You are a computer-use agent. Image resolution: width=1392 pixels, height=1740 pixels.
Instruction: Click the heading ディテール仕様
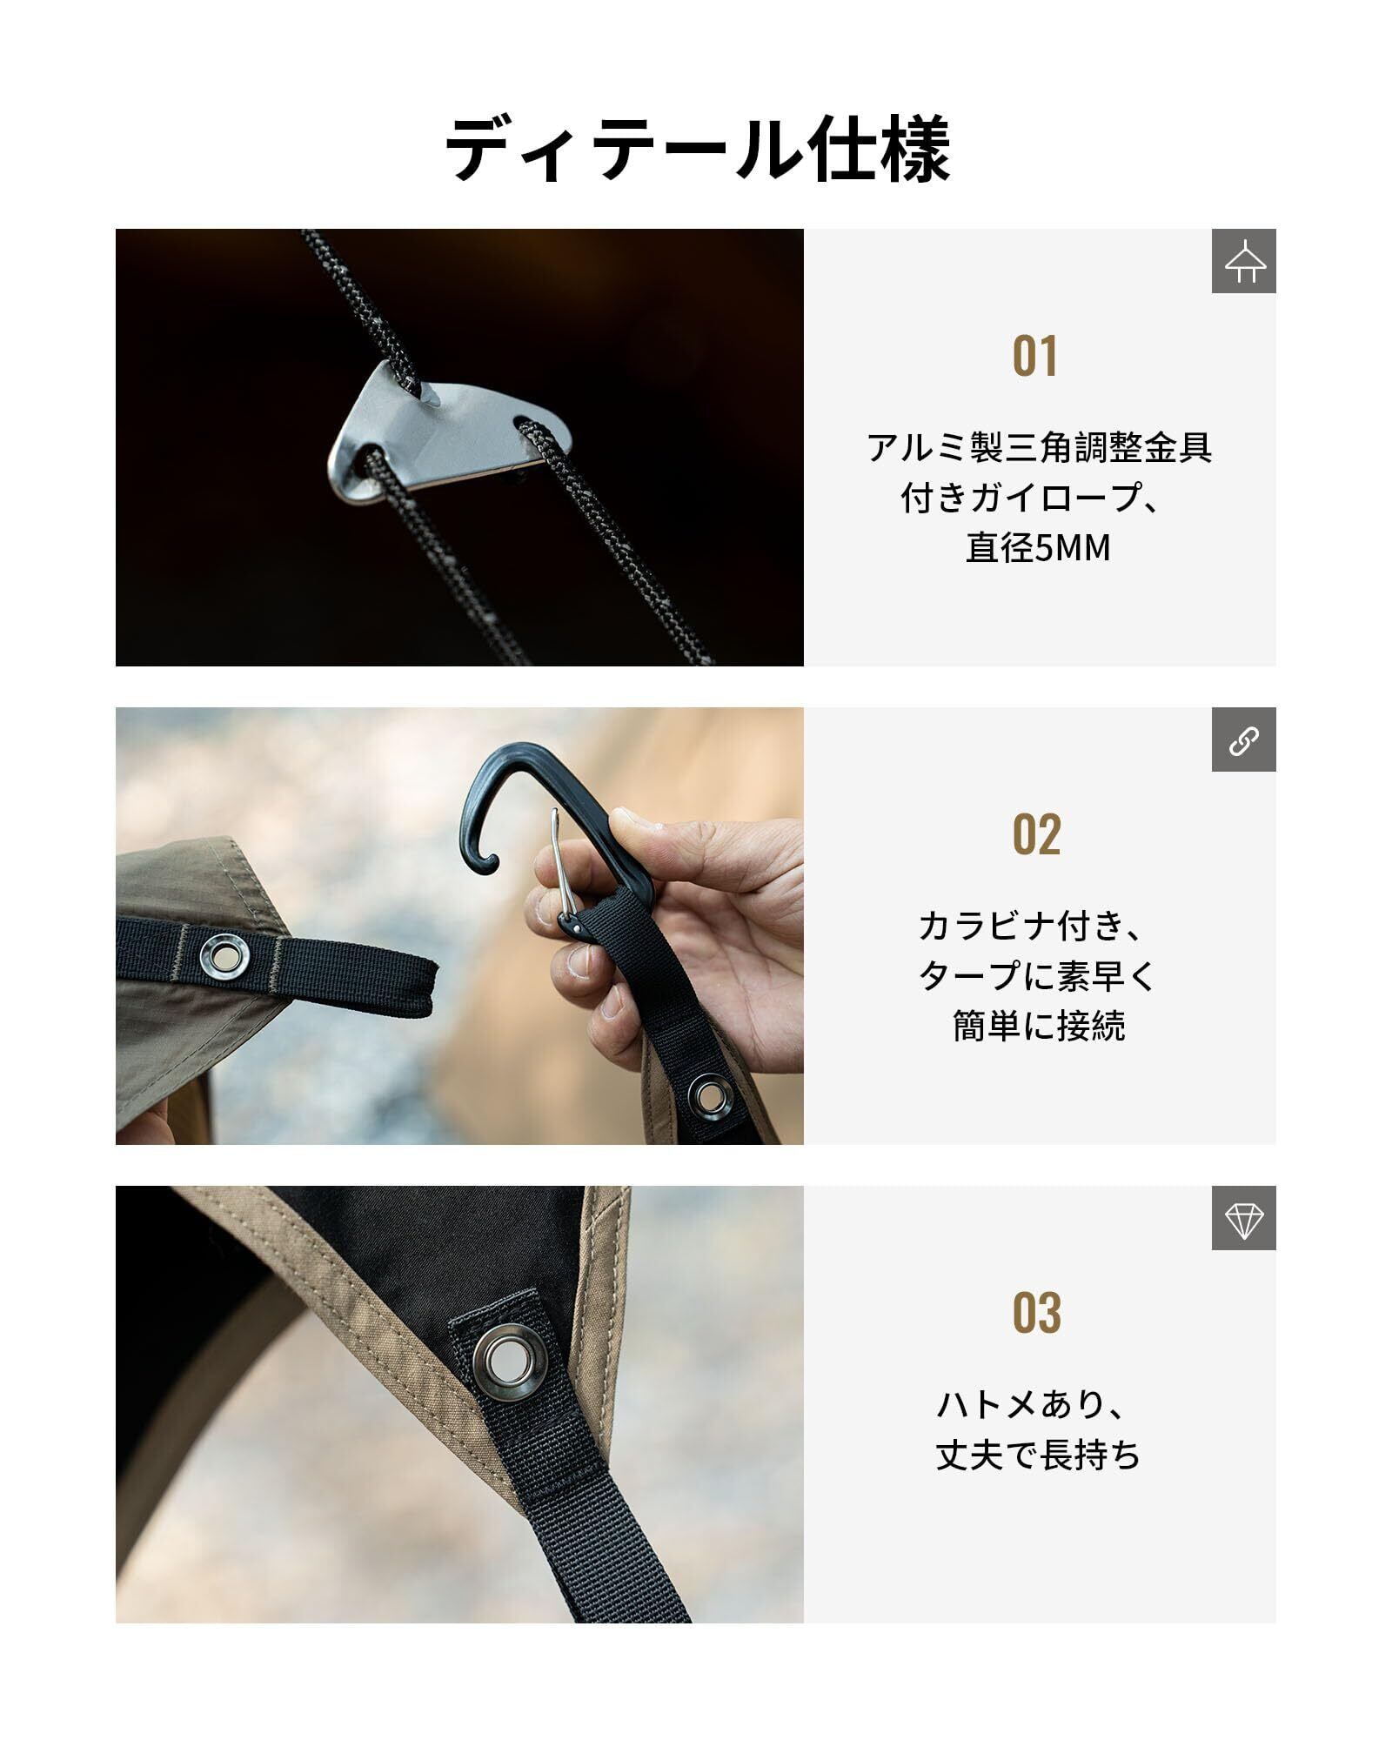coord(697,150)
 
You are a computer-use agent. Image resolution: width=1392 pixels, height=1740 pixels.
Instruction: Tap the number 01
coord(1035,357)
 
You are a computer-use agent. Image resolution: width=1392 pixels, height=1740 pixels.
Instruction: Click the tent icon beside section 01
coord(1244,261)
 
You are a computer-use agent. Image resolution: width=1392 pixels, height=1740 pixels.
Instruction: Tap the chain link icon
coord(1244,739)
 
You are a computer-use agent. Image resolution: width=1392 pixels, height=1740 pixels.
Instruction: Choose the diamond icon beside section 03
coord(1244,1218)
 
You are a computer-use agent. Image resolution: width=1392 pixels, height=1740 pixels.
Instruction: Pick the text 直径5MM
coord(1038,549)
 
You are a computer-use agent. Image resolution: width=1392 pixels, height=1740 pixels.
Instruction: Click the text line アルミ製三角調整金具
coord(1039,448)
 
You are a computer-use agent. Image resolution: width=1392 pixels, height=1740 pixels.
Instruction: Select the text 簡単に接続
coord(1039,1027)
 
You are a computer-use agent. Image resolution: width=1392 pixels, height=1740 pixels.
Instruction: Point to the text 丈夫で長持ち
coord(1038,1456)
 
